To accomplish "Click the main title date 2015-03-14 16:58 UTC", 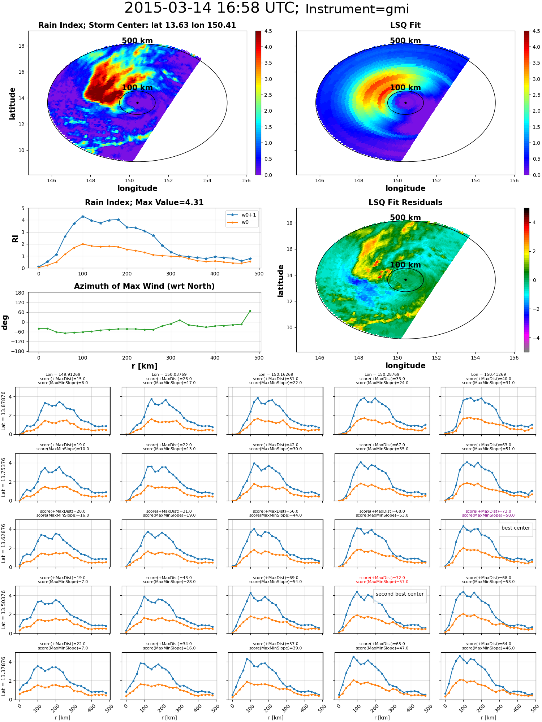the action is (212, 8).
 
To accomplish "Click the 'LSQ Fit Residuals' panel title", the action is (405, 203).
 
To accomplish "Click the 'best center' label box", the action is (516, 528).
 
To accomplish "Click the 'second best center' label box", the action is (400, 594).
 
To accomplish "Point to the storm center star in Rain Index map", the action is (137, 103).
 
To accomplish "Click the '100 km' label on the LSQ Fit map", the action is (405, 88).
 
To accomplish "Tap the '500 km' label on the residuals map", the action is (405, 218).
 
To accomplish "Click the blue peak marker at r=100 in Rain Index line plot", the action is (83, 216).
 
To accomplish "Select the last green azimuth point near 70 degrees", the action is (250, 311).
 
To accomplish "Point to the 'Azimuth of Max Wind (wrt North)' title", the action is (145, 286).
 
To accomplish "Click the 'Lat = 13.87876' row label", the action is (4, 410).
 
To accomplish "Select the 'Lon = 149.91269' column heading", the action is (63, 375).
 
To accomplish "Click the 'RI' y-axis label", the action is (15, 238).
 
